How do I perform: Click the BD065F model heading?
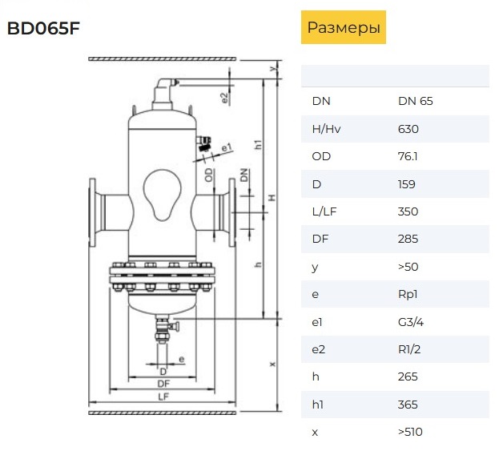click(x=43, y=28)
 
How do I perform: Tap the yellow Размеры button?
click(x=344, y=27)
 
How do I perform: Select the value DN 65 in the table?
click(x=416, y=101)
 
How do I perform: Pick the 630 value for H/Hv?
click(x=408, y=129)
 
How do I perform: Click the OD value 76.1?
click(x=408, y=156)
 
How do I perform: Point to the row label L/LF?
click(x=324, y=211)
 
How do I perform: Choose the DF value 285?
click(x=408, y=239)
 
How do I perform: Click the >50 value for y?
click(x=408, y=267)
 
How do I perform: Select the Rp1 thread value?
click(x=408, y=295)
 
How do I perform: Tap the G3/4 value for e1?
click(x=411, y=322)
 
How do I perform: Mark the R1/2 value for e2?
click(x=409, y=349)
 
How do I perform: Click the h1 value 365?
click(x=408, y=405)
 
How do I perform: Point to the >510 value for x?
click(x=410, y=432)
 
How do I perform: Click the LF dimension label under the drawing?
click(x=163, y=397)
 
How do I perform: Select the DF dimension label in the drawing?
click(x=163, y=384)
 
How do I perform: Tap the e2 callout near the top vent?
click(x=225, y=98)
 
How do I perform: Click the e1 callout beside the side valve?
click(x=227, y=147)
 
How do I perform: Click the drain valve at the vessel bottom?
click(x=165, y=329)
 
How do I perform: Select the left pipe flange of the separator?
click(x=92, y=212)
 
